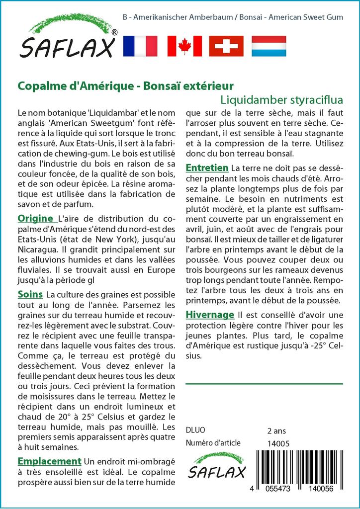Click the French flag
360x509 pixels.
140,46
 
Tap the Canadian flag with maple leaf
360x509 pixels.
184,46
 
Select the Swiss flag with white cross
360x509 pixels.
226,46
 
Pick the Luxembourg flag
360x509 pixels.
269,46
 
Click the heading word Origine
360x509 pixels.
35,218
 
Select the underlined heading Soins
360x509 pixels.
30,294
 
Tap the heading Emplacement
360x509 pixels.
49,461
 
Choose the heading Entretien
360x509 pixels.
207,168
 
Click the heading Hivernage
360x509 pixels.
210,315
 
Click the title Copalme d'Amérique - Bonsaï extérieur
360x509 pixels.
125,85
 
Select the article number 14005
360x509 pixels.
278,443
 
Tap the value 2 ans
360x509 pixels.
276,430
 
